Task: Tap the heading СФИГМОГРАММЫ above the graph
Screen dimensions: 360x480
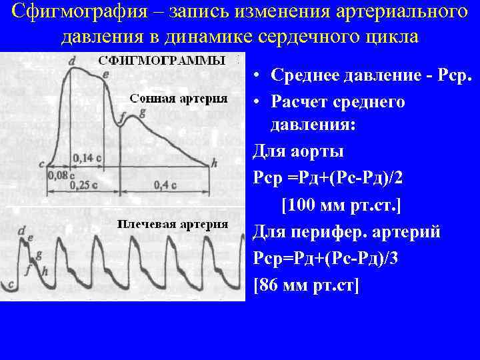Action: click(162, 61)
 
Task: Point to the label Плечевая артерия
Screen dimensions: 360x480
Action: click(173, 223)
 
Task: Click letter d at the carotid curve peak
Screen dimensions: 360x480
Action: click(71, 61)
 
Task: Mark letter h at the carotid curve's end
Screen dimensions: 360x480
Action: click(214, 162)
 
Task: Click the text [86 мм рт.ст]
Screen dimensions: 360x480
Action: click(307, 285)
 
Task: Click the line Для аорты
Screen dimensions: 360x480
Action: click(299, 152)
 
